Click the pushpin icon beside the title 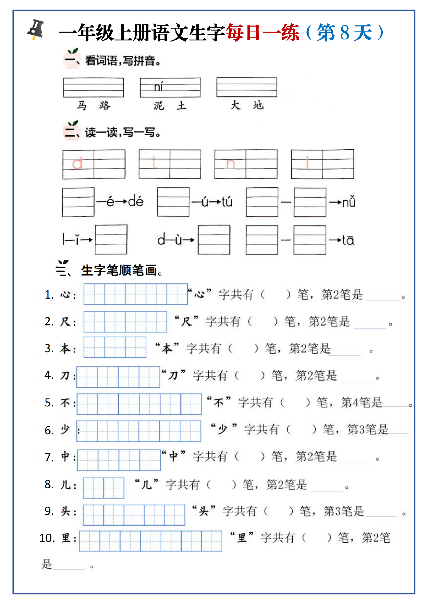pyautogui.click(x=36, y=30)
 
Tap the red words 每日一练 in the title pyautogui.click(x=262, y=33)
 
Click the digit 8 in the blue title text pyautogui.click(x=345, y=33)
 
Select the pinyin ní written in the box pyautogui.click(x=158, y=87)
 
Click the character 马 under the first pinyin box pyautogui.click(x=82, y=105)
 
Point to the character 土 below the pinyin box pyautogui.click(x=182, y=105)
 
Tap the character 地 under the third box pyautogui.click(x=258, y=105)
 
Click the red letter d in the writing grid pyautogui.click(x=77, y=163)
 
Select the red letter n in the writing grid pyautogui.click(x=230, y=164)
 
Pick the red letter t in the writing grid pyautogui.click(x=154, y=163)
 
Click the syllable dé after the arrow pyautogui.click(x=136, y=201)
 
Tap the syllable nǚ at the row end pyautogui.click(x=349, y=202)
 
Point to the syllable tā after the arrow pyautogui.click(x=348, y=240)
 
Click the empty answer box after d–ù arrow pyautogui.click(x=214, y=240)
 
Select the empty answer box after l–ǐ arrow pyautogui.click(x=111, y=240)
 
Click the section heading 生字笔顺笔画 pyautogui.click(x=119, y=270)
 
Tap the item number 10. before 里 pyautogui.click(x=47, y=538)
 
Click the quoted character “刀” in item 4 pyautogui.click(x=173, y=375)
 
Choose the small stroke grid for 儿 pyautogui.click(x=104, y=488)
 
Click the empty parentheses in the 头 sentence pyautogui.click(x=278, y=511)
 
